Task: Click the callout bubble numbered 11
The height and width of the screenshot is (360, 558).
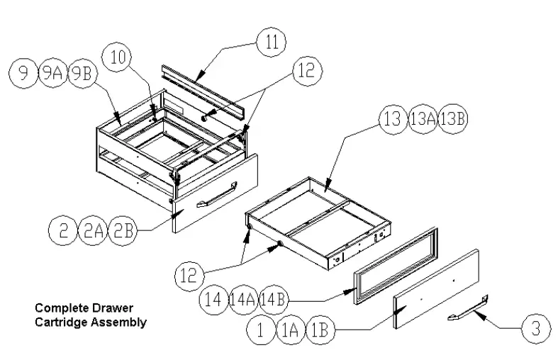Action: point(270,41)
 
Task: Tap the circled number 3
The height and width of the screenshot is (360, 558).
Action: point(536,328)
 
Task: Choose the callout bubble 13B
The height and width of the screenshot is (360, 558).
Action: point(453,119)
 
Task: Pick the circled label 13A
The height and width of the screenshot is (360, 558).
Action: point(423,119)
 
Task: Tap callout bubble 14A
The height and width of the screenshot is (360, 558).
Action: point(243,299)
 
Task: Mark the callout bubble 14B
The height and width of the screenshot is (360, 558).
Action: point(274,299)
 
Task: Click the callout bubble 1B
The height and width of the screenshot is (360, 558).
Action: point(320,330)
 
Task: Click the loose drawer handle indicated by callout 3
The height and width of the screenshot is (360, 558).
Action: point(469,310)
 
